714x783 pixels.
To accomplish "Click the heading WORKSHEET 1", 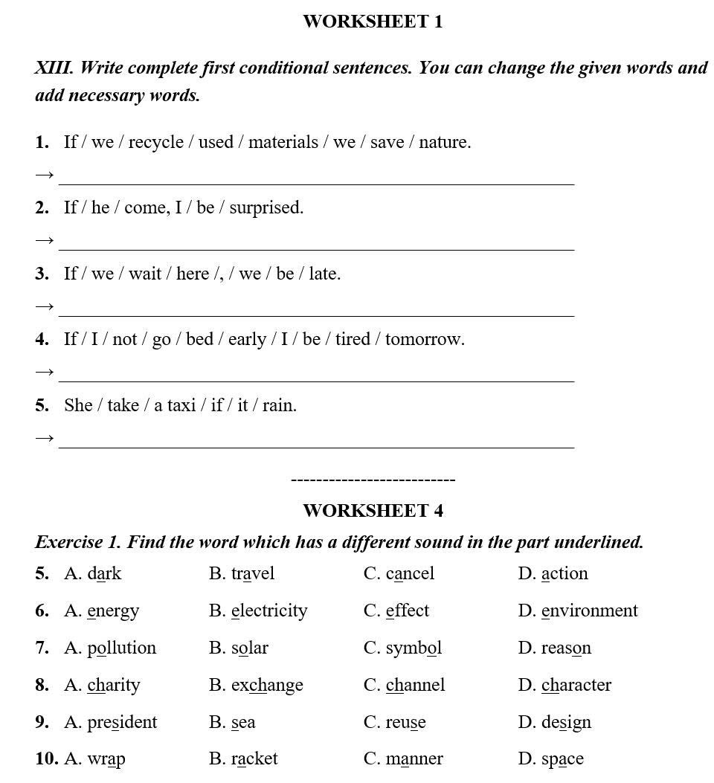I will [373, 22].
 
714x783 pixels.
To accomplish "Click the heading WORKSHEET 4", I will [373, 511].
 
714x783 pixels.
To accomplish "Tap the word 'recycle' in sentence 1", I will [155, 142].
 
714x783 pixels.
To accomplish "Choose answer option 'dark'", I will [104, 573].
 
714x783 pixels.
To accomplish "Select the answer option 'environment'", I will [589, 610].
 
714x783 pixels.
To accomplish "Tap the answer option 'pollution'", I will [122, 648].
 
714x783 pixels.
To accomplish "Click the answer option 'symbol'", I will [414, 648].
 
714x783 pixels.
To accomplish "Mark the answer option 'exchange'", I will [267, 685].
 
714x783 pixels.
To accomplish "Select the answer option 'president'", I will [122, 722].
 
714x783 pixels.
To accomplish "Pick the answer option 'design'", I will [566, 722].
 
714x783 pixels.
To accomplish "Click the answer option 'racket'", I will [254, 758].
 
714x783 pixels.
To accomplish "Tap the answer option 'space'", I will [562, 759].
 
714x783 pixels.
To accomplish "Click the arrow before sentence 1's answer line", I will [45, 175].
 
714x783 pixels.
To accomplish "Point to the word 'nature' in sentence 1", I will [444, 142].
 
